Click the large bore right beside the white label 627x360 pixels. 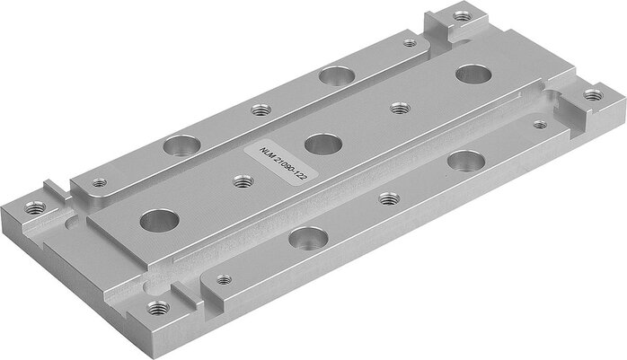tap(321, 142)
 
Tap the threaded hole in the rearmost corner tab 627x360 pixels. tap(462, 15)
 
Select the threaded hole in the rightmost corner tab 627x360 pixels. tap(591, 93)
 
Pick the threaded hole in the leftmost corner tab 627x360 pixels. tap(35, 206)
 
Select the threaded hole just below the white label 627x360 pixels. tap(241, 181)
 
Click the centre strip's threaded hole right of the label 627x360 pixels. tap(400, 108)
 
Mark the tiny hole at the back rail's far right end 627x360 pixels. tap(409, 42)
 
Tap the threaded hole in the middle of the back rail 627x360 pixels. tap(261, 110)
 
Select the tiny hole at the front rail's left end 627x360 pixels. tap(225, 278)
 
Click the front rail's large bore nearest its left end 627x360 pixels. tap(310, 238)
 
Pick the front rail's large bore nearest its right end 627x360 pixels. tap(465, 162)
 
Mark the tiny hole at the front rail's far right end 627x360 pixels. tap(539, 125)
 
